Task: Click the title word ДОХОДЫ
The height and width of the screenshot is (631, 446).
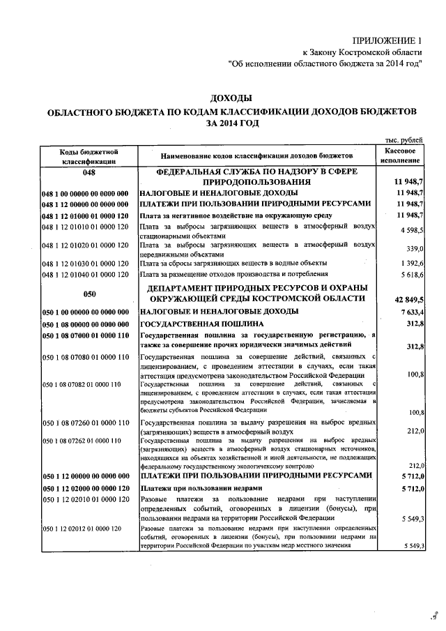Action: pos(231,98)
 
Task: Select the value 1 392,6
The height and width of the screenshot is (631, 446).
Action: pos(410,263)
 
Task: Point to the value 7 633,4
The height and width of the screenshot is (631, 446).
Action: pos(410,312)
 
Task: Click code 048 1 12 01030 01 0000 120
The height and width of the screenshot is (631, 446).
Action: pos(86,263)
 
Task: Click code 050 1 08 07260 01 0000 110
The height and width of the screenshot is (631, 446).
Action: pos(86,423)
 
